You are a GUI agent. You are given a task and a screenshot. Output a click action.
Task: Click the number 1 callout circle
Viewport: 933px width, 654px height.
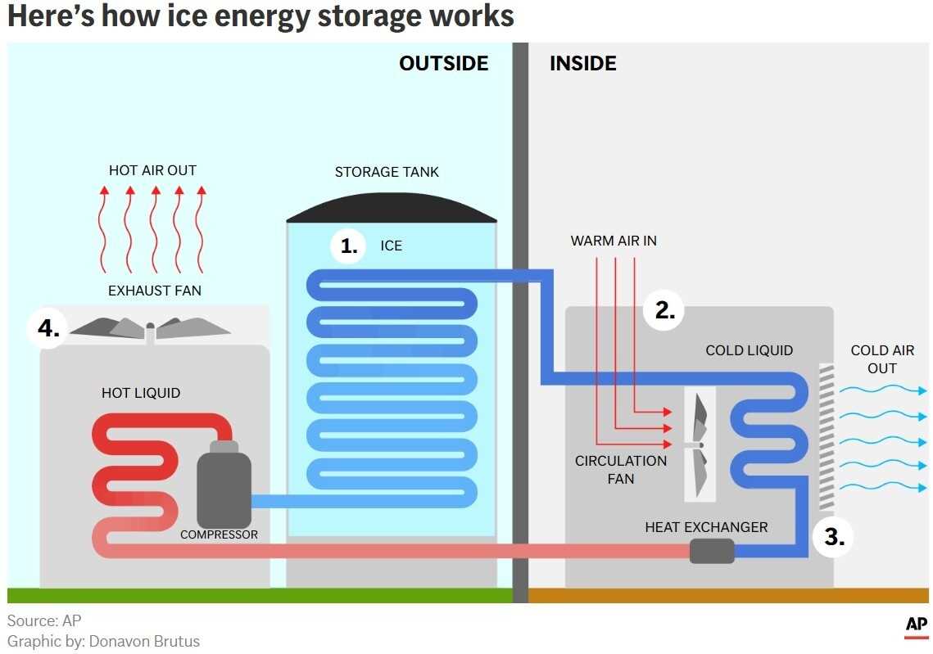tap(349, 246)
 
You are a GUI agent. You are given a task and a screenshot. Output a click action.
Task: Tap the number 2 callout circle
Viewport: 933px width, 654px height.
tap(664, 310)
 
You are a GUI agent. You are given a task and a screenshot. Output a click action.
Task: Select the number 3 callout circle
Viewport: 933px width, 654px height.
tap(834, 537)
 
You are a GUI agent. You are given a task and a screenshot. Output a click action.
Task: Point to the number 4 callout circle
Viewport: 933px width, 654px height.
tap(48, 329)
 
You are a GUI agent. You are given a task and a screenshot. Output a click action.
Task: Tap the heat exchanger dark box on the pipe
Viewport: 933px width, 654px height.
tap(711, 551)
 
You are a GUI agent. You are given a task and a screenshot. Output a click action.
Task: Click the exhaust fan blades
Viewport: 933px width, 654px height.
tap(150, 327)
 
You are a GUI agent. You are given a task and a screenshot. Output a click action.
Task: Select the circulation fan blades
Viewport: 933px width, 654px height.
tap(699, 444)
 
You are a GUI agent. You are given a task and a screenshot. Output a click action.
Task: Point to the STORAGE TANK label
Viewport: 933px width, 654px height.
tap(387, 172)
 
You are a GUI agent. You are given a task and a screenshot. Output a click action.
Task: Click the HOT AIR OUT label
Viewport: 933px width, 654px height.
tap(152, 170)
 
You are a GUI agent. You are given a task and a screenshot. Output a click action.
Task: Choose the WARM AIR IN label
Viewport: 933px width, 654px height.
tap(614, 241)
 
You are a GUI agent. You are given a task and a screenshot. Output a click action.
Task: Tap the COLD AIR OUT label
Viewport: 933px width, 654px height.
tap(882, 359)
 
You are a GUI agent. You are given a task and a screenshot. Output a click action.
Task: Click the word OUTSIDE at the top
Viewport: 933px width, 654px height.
tap(443, 63)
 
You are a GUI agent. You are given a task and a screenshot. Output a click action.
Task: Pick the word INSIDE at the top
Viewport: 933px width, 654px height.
tap(582, 63)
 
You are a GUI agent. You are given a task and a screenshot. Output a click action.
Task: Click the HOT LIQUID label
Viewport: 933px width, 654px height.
tap(141, 393)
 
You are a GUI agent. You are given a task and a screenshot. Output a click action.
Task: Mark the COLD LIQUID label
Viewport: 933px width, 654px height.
tap(749, 350)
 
